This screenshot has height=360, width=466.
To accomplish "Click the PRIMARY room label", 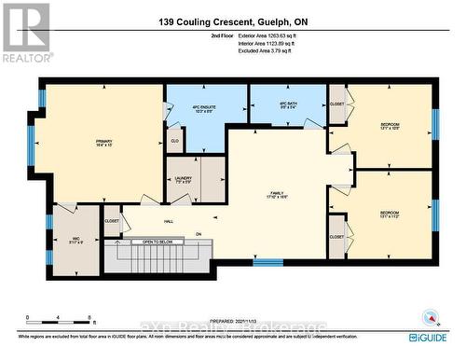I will [103, 144].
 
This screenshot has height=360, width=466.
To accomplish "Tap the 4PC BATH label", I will [288, 104].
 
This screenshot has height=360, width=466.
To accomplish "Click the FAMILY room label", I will [278, 194].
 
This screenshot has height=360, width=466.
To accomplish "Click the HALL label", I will [169, 222].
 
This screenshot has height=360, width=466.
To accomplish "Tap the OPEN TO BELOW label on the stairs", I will [152, 242].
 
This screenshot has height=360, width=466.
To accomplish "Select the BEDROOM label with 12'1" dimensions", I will [390, 127].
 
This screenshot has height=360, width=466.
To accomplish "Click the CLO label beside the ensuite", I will [174, 142].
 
